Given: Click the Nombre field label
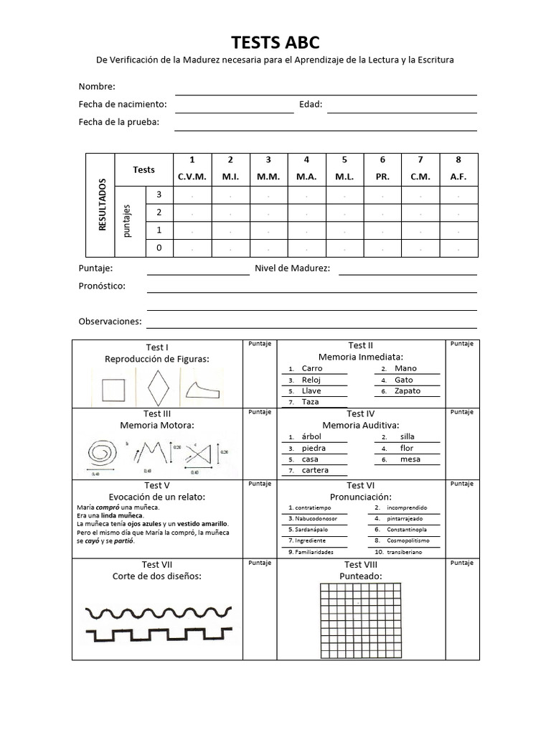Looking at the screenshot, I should (97, 87).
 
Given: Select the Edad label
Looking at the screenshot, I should (311, 104).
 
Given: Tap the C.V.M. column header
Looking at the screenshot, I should (192, 177).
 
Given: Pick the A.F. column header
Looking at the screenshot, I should (458, 177).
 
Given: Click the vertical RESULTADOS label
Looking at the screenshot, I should (102, 205).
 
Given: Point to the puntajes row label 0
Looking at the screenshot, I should (159, 248).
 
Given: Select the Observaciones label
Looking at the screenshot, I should (110, 322).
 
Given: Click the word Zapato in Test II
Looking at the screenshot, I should (408, 391).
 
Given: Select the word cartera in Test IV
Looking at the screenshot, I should (315, 470).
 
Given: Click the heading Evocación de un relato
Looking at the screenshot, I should (156, 497).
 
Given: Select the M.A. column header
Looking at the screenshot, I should (306, 177).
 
